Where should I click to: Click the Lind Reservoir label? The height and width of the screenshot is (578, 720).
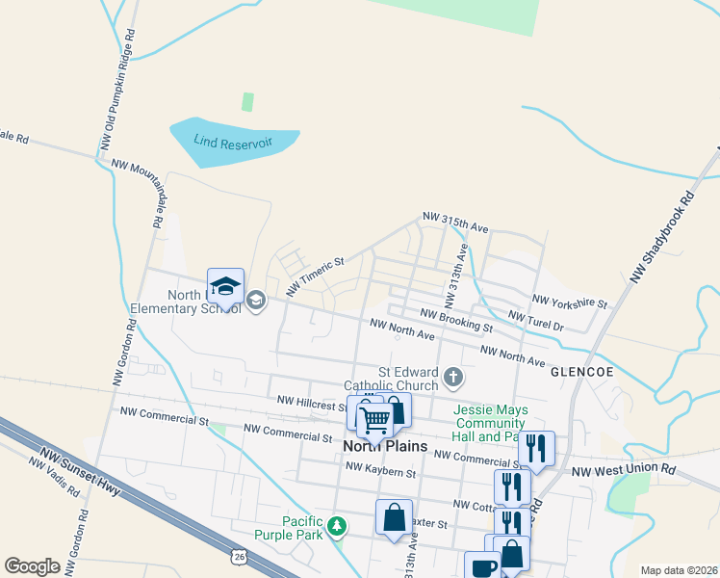coord(233,143)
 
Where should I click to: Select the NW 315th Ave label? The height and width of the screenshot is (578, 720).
coord(457,223)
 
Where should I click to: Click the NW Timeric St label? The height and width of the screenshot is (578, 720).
coord(315,277)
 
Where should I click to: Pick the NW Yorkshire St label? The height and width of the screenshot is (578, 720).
coord(570,302)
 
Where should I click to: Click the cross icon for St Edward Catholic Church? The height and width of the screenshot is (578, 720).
coord(452,376)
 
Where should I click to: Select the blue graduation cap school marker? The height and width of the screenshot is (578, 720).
coord(225,286)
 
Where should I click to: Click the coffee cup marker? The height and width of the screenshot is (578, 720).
coord(481,567)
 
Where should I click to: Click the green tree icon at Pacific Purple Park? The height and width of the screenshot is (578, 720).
coord(336,526)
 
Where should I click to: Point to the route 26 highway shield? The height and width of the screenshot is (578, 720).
coord(238,557)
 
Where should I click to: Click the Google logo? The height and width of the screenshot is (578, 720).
coord(33,566)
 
